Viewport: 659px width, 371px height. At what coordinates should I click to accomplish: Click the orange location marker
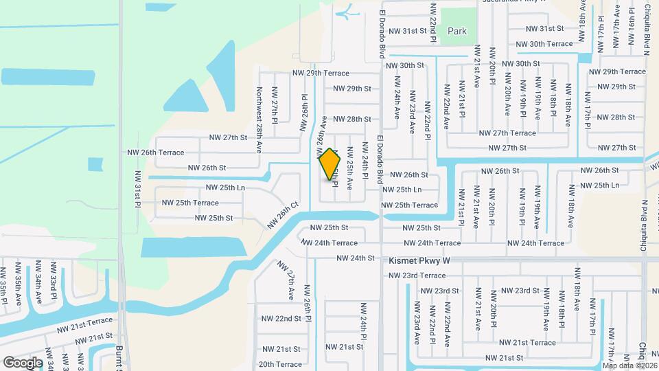330,164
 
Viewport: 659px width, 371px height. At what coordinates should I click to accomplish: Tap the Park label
457,31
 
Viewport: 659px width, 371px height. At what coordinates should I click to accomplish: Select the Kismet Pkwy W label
419,260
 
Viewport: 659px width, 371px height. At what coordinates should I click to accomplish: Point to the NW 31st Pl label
137,189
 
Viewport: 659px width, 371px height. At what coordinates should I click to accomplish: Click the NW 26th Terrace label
156,153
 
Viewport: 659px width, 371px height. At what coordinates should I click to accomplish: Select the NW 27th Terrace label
507,133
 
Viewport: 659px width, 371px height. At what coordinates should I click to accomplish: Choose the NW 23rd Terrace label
417,276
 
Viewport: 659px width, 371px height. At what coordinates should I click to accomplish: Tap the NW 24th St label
355,258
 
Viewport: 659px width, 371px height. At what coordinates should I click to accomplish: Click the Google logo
23,362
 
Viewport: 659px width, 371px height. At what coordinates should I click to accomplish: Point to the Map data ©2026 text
629,365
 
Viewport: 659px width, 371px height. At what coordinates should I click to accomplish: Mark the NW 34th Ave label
38,283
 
